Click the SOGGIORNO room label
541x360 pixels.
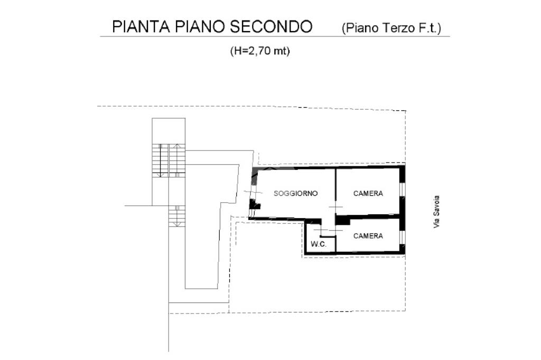pyautogui.click(x=295, y=193)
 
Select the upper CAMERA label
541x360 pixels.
pyautogui.click(x=368, y=193)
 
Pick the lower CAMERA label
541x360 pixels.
pyautogui.click(x=368, y=236)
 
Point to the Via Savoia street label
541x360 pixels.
pyautogui.click(x=436, y=212)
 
